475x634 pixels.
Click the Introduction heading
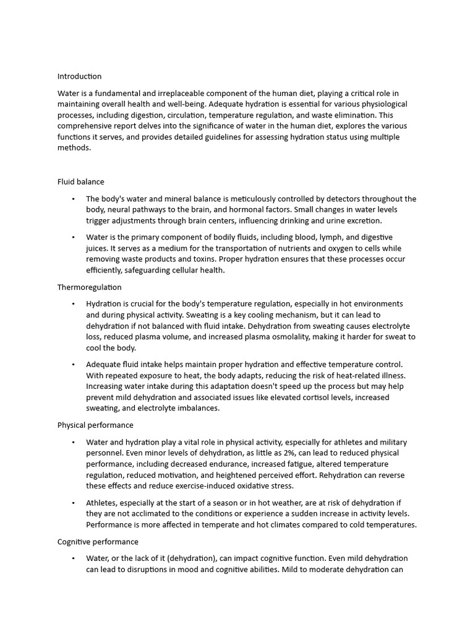[79, 76]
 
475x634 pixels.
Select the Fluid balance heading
[80, 182]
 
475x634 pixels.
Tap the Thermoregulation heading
[89, 287]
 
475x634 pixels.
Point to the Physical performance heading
[95, 425]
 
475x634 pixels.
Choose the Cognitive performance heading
[98, 542]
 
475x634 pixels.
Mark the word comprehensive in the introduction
[87, 126]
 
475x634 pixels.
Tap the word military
[387, 442]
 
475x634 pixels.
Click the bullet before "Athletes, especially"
[73, 503]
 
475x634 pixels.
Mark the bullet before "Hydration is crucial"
[73, 304]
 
